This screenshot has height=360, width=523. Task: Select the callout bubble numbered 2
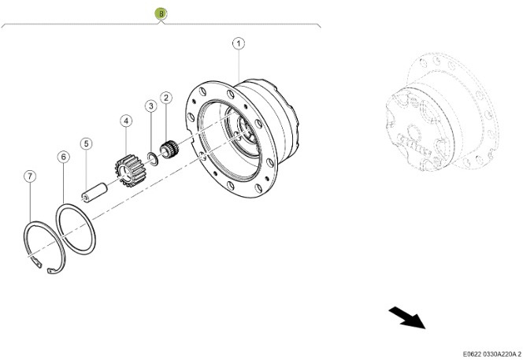(x=165, y=98)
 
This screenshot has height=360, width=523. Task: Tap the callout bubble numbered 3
(x=149, y=106)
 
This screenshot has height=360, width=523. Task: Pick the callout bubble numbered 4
(x=125, y=121)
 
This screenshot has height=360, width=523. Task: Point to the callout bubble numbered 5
(x=86, y=144)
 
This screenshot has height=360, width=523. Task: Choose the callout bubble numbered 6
(x=63, y=158)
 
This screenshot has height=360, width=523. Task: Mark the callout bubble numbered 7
(x=29, y=176)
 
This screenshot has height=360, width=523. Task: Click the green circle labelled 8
(x=161, y=13)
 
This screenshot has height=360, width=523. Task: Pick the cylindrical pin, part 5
(x=95, y=190)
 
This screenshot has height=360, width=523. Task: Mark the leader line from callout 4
(x=125, y=142)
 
